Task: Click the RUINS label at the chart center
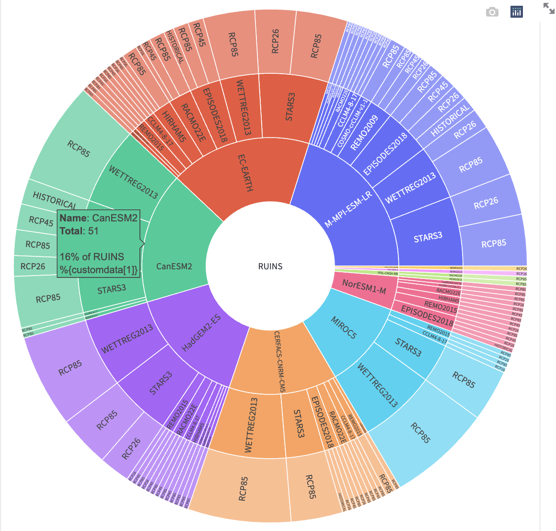coord(270,266)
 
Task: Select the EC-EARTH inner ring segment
coord(244,173)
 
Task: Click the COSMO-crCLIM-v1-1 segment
coord(353,124)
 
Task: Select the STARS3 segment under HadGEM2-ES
coord(160,383)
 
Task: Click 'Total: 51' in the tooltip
coord(79,231)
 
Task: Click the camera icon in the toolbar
coord(492,12)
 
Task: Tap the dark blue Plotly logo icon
coord(517,12)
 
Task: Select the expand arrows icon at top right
coord(548,8)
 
